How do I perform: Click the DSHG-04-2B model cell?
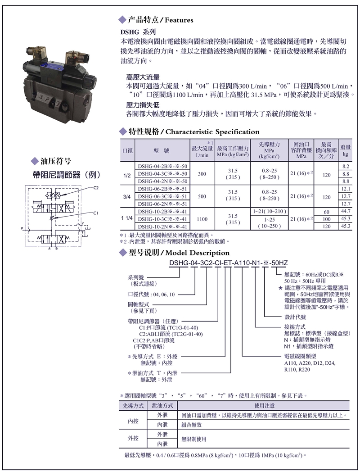pos(162,166)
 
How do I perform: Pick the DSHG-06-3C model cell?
pos(162,196)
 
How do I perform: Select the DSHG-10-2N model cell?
pos(162,226)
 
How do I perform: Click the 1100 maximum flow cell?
pos(202,219)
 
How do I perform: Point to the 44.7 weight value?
pos(346,211)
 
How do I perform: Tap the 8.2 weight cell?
pos(346,166)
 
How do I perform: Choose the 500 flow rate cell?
pos(202,196)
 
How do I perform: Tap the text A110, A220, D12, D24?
pos(310,363)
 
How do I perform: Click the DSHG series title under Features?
pos(138,32)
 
